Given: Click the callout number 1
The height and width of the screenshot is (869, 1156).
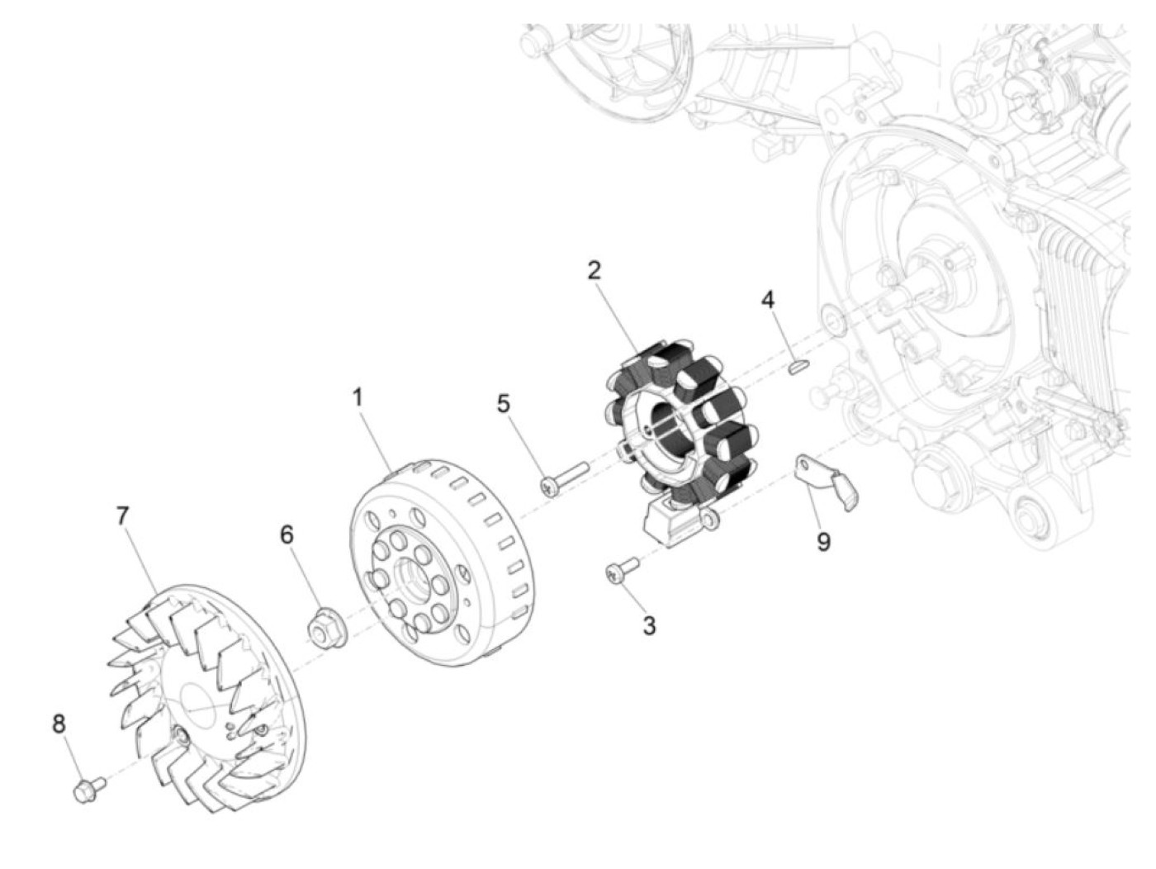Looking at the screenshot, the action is [358, 397].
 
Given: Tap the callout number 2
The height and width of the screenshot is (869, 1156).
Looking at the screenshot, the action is [594, 270].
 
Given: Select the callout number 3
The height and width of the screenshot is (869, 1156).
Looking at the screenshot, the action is [649, 625].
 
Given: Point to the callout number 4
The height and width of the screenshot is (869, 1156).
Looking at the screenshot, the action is [768, 300].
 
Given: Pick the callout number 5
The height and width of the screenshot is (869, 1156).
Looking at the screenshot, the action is [503, 404].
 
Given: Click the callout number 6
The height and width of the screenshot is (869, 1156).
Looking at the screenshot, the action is [287, 535].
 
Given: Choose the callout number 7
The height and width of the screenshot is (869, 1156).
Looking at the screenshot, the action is [122, 516].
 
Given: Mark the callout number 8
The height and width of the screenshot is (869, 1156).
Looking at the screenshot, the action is [59, 724].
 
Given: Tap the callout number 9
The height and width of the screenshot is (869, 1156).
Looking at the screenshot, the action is [823, 542].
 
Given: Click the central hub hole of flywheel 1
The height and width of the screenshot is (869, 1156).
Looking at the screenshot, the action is [410, 574].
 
